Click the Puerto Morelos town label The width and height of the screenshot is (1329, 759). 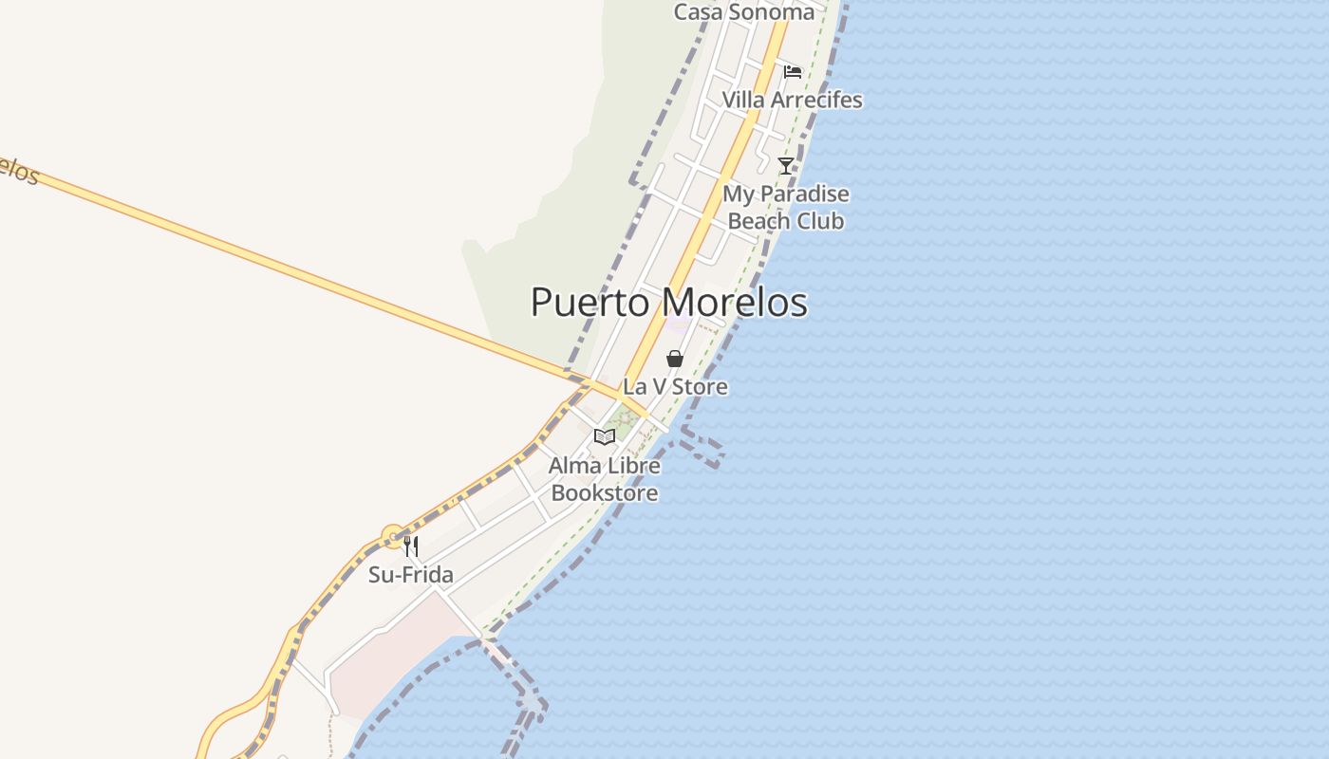[x=668, y=303]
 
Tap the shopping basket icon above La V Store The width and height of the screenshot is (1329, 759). [x=674, y=359]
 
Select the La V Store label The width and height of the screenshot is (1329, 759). [x=675, y=387]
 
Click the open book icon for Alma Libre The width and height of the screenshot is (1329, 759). [x=605, y=437]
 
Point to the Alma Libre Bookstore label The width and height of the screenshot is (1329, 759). [x=605, y=480]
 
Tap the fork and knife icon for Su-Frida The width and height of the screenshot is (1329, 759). [x=411, y=546]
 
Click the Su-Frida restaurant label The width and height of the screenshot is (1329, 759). [x=411, y=575]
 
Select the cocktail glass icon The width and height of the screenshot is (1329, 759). [x=786, y=166]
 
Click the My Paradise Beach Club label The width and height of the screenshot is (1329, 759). [x=786, y=208]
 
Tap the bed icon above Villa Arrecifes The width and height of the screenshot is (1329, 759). [x=793, y=71]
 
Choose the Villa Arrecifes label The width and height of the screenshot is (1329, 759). [x=792, y=100]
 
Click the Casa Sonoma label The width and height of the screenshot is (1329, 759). [x=743, y=12]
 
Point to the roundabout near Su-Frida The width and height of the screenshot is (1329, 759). [x=393, y=537]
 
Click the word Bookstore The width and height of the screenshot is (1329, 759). [x=605, y=493]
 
